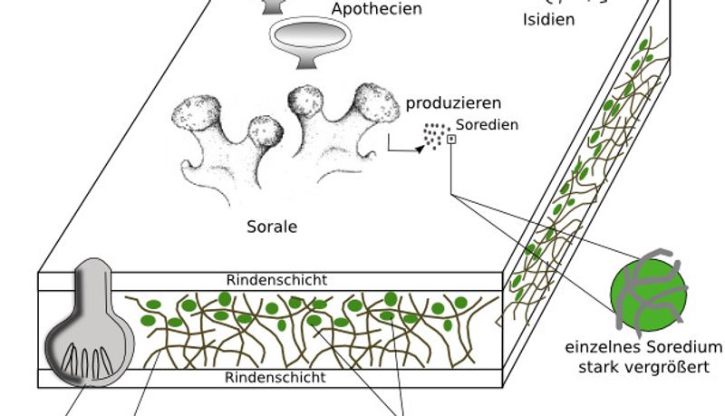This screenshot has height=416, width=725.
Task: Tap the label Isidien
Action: [x=548, y=18]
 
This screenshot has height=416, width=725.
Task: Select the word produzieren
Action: [x=453, y=103]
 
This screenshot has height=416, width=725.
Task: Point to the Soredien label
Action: [x=487, y=125]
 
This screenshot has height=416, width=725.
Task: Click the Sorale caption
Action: [x=272, y=226]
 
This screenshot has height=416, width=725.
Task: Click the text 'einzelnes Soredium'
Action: [x=643, y=348]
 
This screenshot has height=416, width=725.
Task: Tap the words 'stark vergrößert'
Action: [x=643, y=367]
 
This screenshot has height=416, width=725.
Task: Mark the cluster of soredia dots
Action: [x=434, y=137]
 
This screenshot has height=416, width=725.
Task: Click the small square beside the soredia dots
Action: [x=451, y=139]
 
